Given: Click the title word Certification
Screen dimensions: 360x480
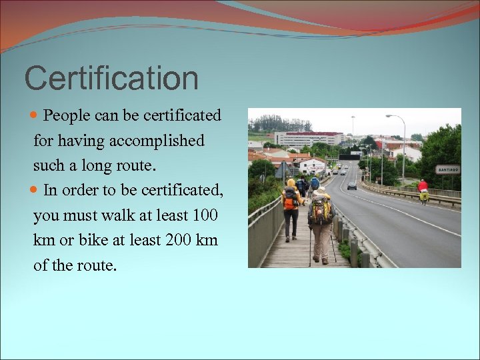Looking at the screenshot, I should point(111,79).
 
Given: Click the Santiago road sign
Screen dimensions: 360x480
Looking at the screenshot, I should point(447,169).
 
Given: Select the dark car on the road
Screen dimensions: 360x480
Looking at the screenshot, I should point(352,185).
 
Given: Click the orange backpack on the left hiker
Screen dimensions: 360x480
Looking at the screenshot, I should point(290,199).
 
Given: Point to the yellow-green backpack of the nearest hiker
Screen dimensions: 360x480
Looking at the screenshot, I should point(321,209).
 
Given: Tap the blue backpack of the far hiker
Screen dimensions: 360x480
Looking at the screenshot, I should point(314,183).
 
